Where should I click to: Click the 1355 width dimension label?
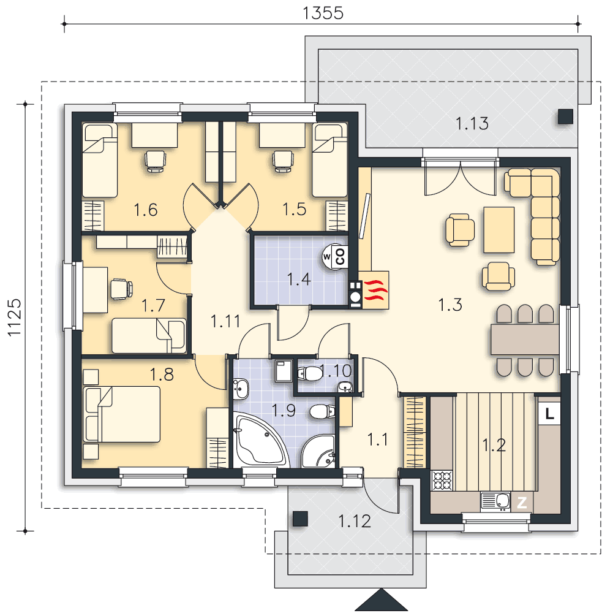[323, 13]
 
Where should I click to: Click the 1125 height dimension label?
[15, 317]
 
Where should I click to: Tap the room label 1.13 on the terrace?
[472, 124]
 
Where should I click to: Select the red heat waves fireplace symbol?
[375, 290]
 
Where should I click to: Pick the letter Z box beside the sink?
[522, 503]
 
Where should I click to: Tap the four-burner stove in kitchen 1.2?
[442, 481]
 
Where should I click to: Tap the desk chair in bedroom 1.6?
[155, 161]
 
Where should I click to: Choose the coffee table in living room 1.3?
[499, 230]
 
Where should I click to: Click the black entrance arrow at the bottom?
[382, 601]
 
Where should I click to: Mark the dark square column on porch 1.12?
[301, 519]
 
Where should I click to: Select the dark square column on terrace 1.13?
[565, 116]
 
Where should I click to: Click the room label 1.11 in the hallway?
[225, 321]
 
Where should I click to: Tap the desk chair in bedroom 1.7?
[121, 289]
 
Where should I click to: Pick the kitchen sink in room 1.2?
[495, 502]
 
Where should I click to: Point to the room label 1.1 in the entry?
[377, 440]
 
